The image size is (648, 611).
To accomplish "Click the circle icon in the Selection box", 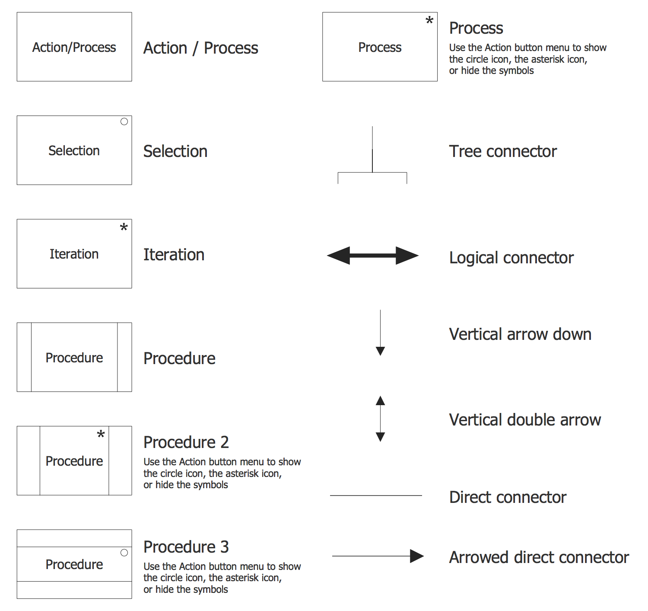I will point(124,122).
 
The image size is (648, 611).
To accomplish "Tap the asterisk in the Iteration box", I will point(124,227).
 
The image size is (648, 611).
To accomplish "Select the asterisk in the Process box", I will point(429,20).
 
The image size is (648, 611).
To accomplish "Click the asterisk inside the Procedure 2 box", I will point(101,434).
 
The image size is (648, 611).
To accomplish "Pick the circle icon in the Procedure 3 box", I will point(124,553).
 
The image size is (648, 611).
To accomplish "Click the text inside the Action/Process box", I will point(74,47).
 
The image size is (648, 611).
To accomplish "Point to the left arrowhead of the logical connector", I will point(339,256).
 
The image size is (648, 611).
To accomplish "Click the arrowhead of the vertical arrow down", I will point(380,351).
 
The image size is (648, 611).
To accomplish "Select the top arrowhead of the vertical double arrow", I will point(380,400).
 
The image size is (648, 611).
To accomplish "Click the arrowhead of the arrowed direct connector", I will point(416,556).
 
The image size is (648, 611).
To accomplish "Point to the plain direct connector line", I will point(376,496).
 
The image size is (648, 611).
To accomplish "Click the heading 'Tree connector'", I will point(503,151).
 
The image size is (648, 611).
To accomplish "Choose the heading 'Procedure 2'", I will point(186,442).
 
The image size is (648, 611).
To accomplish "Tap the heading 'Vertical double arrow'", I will point(525,420).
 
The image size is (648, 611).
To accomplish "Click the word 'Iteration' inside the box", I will point(74,254).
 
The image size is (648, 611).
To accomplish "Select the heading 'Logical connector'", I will point(511,258).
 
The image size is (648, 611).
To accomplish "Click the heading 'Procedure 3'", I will point(186,547).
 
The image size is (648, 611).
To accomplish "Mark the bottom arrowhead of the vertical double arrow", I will point(380,437).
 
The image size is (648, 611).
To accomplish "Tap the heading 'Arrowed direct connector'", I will point(539,557).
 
